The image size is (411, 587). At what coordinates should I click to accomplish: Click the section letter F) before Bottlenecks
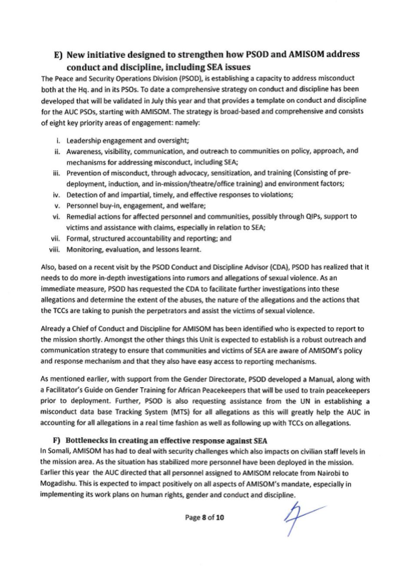(x=56, y=441)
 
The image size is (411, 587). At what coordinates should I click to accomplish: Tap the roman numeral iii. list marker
(x=56, y=173)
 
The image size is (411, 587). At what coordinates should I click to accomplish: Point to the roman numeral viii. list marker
(x=55, y=250)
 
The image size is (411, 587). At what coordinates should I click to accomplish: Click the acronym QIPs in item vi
(x=313, y=216)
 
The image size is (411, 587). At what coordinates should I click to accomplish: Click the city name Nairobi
(x=328, y=473)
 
